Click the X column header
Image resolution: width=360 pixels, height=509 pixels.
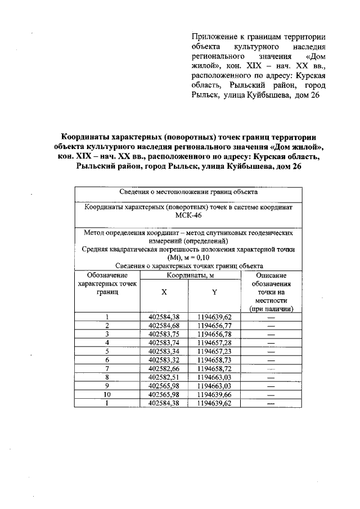click(164, 292)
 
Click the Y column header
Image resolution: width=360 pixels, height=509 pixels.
click(214, 292)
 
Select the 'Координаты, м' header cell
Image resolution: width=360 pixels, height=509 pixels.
click(190, 276)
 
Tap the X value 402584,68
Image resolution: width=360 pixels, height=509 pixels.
click(164, 325)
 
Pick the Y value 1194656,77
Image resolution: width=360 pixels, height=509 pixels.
click(214, 325)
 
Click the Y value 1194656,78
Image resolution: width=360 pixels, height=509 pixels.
click(214, 333)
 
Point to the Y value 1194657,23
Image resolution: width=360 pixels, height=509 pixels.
click(214, 350)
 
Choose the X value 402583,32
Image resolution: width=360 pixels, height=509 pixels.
click(164, 358)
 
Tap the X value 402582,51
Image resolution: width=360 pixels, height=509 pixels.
click(164, 375)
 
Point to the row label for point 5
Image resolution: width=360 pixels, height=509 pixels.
click(107, 350)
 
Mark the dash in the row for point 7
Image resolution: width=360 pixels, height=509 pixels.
click(271, 367)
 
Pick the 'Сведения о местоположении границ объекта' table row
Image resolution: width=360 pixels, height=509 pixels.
click(189, 192)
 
